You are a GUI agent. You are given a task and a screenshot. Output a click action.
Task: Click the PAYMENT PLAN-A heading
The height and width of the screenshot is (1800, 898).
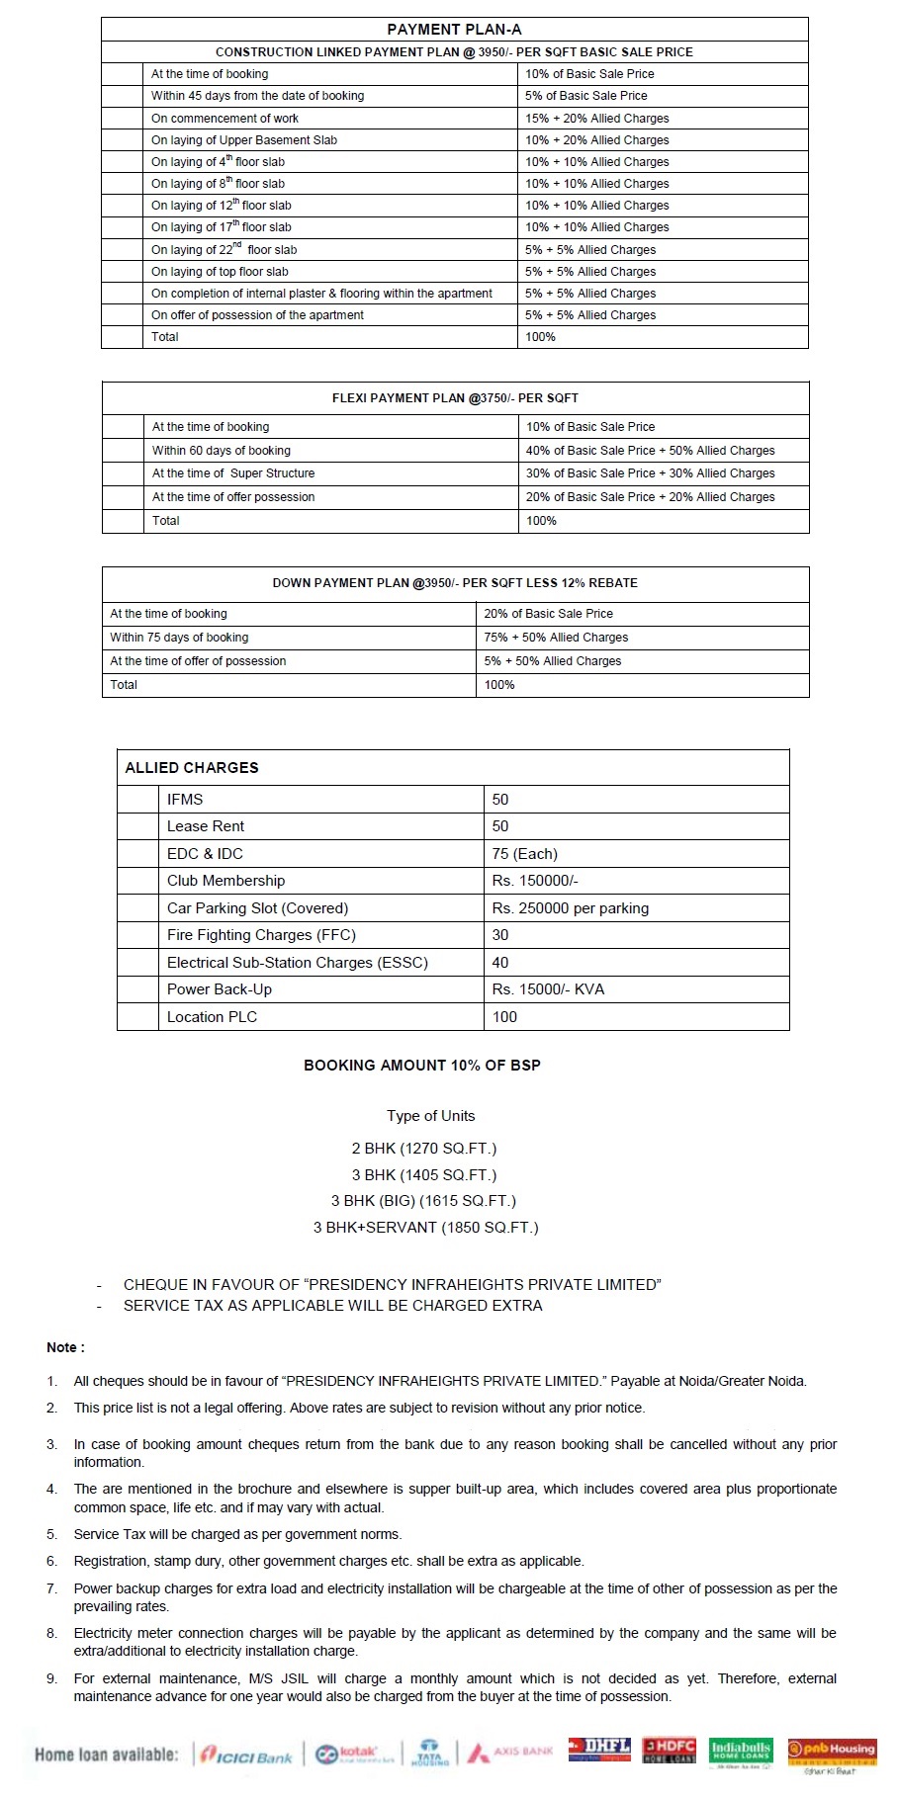454,30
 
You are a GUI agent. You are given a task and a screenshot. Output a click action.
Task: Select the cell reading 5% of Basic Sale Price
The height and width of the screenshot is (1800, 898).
585,96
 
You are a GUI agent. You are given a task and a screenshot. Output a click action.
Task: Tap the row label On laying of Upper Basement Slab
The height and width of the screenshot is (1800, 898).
243,140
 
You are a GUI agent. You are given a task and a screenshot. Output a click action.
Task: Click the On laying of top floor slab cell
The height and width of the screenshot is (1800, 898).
220,272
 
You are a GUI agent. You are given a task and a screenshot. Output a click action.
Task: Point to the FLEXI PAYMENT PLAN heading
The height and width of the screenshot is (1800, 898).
455,398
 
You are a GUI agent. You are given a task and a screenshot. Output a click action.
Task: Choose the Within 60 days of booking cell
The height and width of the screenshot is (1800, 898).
221,451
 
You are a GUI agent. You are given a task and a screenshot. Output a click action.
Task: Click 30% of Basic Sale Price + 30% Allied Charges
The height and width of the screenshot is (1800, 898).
650,473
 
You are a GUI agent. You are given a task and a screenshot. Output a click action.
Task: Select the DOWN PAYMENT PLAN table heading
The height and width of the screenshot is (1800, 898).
455,583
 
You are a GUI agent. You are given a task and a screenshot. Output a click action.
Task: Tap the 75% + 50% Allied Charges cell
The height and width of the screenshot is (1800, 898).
556,638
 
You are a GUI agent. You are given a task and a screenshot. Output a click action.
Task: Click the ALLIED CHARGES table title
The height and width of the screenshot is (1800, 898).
192,768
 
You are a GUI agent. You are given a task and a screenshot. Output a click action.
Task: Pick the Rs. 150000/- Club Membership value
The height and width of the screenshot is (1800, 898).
535,881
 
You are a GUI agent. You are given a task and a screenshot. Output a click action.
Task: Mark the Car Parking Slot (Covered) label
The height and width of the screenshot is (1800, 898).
257,908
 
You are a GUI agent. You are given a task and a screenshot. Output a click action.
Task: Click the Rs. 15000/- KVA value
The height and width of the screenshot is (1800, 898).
548,989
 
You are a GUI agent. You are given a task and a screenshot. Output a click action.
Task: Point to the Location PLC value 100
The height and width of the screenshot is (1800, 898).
504,1017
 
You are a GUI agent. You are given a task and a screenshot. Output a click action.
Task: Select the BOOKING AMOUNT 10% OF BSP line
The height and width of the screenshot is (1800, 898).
422,1066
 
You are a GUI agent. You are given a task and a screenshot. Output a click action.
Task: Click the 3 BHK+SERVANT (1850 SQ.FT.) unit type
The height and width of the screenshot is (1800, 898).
426,1228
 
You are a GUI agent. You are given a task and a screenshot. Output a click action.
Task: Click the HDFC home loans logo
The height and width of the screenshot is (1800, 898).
670,1751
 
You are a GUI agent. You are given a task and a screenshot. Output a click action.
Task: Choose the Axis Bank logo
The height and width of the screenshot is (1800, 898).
510,1753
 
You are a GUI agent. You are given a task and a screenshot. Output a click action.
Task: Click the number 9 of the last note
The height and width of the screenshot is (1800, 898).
51,1678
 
